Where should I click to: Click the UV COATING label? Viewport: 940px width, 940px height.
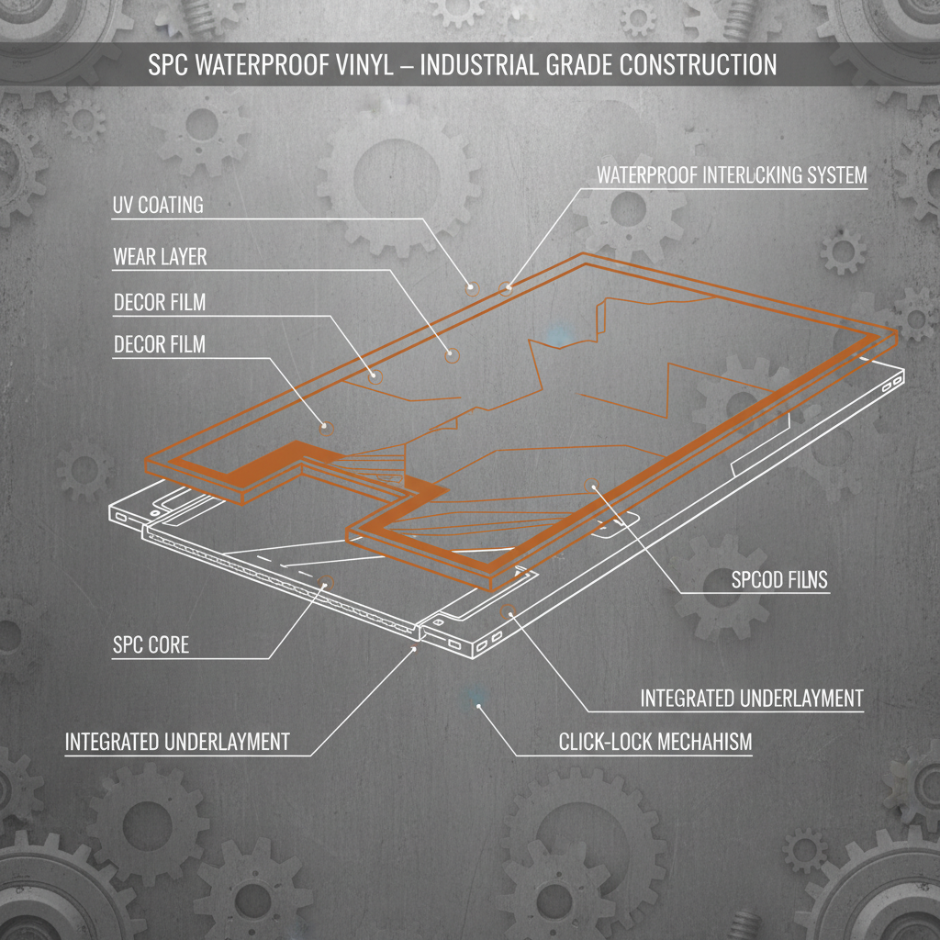coord(158,206)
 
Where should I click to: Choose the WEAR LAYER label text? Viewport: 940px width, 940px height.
coord(160,256)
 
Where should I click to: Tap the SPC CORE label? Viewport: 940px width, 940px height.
coord(151,644)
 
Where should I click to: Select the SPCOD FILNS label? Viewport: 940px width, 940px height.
coord(779,580)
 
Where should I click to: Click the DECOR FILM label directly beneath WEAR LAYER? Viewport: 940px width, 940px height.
coord(160,303)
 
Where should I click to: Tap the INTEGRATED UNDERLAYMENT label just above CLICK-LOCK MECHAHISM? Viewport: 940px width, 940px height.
coord(751,699)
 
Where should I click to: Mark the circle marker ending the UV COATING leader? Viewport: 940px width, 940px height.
coord(473,288)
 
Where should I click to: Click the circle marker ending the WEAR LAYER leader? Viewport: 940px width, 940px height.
coord(453,354)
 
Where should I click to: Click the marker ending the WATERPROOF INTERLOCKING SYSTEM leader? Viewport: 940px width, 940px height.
coord(504,288)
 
